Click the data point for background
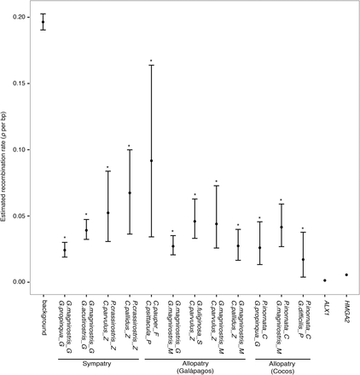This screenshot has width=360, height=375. [x=43, y=22]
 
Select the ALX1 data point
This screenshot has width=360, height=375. [x=325, y=280]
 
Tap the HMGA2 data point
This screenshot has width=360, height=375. [x=346, y=274]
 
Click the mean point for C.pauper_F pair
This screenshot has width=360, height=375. [x=151, y=161]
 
